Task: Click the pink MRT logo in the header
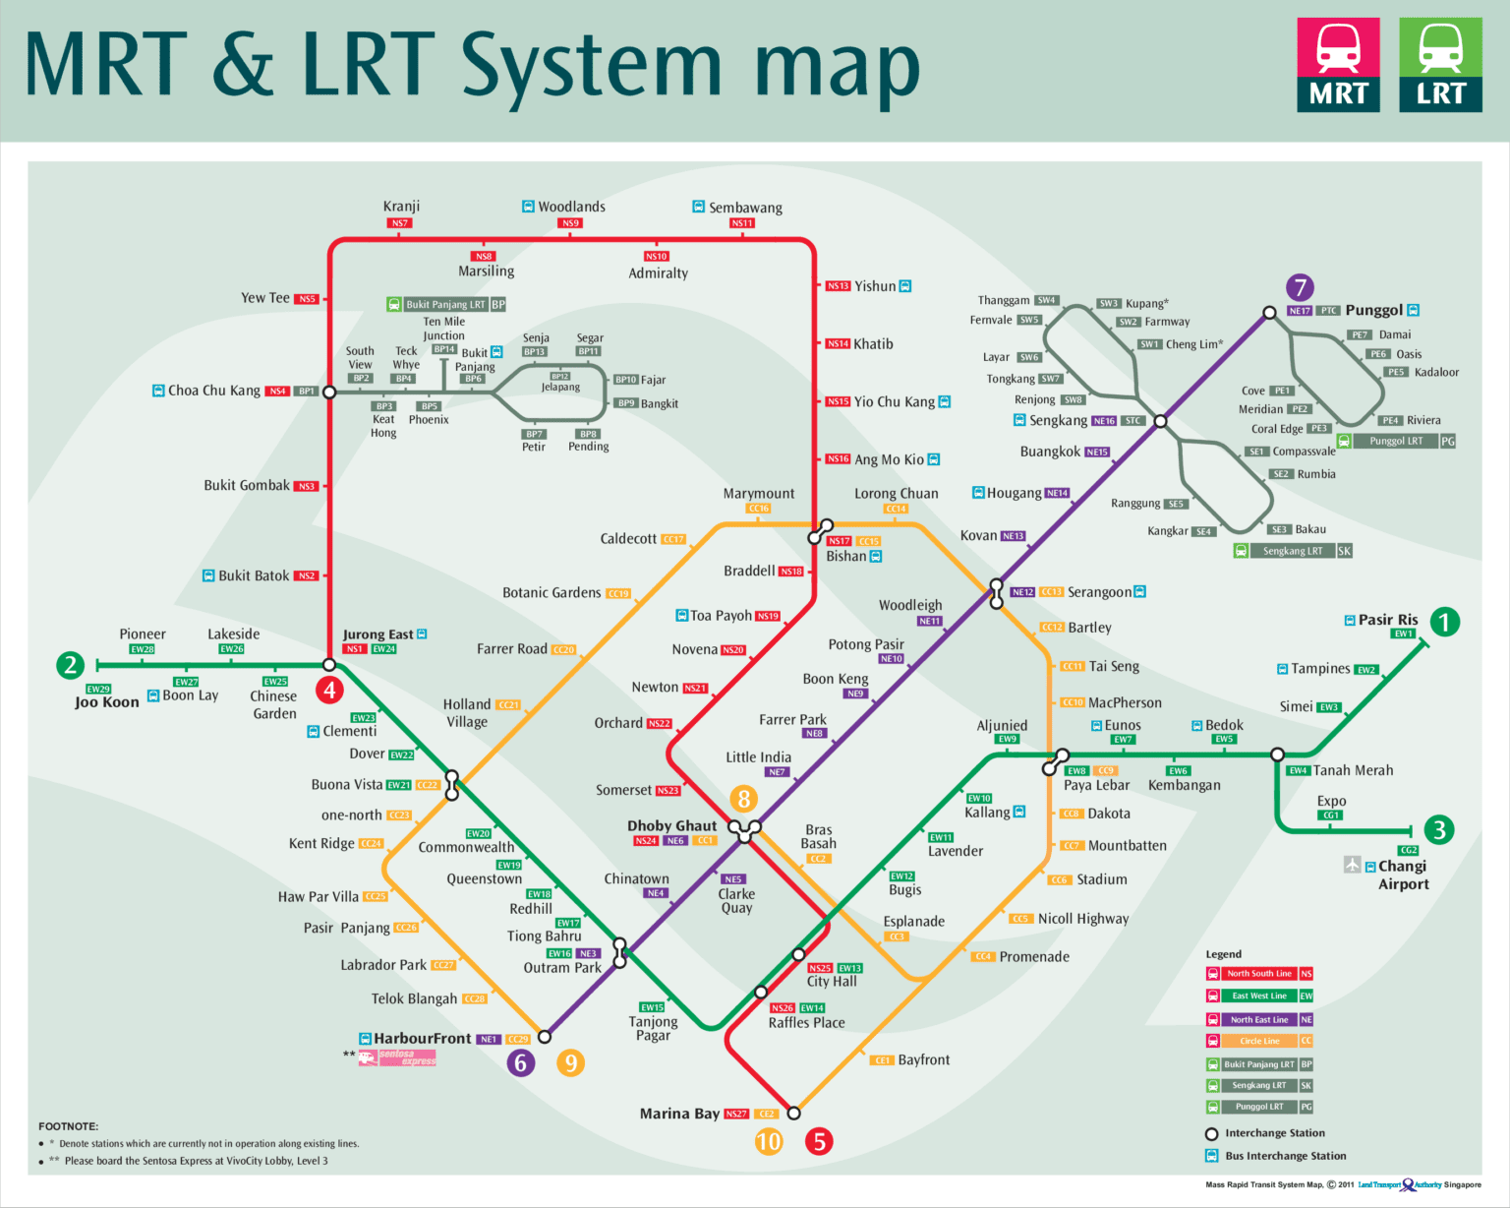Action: click(1338, 64)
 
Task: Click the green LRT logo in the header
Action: click(1440, 64)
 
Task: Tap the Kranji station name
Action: click(401, 207)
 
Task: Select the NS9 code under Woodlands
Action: click(570, 223)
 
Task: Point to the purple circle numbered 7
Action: click(1300, 287)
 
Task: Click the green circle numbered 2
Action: click(70, 665)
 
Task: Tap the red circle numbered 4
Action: click(330, 690)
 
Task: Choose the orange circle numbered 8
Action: click(743, 799)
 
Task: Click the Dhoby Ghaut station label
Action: click(671, 825)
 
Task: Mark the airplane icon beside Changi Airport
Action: click(1353, 865)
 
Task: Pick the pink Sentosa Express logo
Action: click(397, 1057)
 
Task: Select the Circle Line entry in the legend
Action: click(1259, 1041)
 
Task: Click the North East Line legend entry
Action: click(1259, 1020)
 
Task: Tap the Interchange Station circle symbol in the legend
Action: click(1212, 1134)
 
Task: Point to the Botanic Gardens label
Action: click(552, 592)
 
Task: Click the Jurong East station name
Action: click(377, 634)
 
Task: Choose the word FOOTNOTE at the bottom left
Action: click(68, 1126)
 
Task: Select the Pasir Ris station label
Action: click(1387, 620)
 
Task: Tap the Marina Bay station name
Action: click(679, 1114)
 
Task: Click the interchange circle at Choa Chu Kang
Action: click(330, 392)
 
